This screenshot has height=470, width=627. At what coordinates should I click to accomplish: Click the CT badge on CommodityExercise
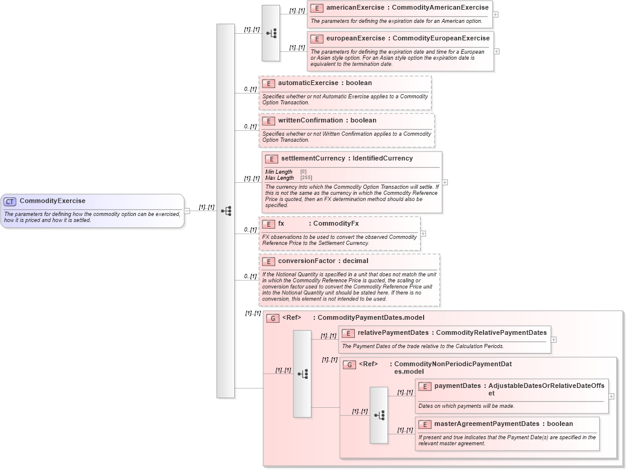[x=10, y=202]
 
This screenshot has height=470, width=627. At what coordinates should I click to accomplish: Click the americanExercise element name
[x=354, y=8]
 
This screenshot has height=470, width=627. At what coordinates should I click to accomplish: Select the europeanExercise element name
[x=355, y=39]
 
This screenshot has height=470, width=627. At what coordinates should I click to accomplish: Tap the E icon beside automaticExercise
[x=268, y=83]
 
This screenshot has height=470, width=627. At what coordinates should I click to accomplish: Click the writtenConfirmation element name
[x=310, y=121]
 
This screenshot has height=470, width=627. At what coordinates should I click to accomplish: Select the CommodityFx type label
[x=336, y=224]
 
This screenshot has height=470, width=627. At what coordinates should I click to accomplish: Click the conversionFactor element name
[x=307, y=261]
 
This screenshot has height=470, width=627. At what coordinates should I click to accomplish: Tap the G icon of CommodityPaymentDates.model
[x=273, y=318]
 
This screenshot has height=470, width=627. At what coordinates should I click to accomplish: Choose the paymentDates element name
[x=457, y=386]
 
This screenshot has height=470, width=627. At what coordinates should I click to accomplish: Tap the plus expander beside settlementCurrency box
[x=445, y=182]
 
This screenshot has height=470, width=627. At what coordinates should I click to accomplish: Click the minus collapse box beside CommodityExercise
[x=187, y=211]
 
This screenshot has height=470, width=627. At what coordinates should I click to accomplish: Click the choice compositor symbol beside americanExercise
[x=271, y=34]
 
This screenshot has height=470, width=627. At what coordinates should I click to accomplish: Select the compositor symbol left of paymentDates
[x=379, y=415]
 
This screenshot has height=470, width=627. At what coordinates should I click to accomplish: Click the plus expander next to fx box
[x=423, y=233]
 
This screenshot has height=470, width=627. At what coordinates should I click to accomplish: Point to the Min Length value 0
[x=303, y=172]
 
